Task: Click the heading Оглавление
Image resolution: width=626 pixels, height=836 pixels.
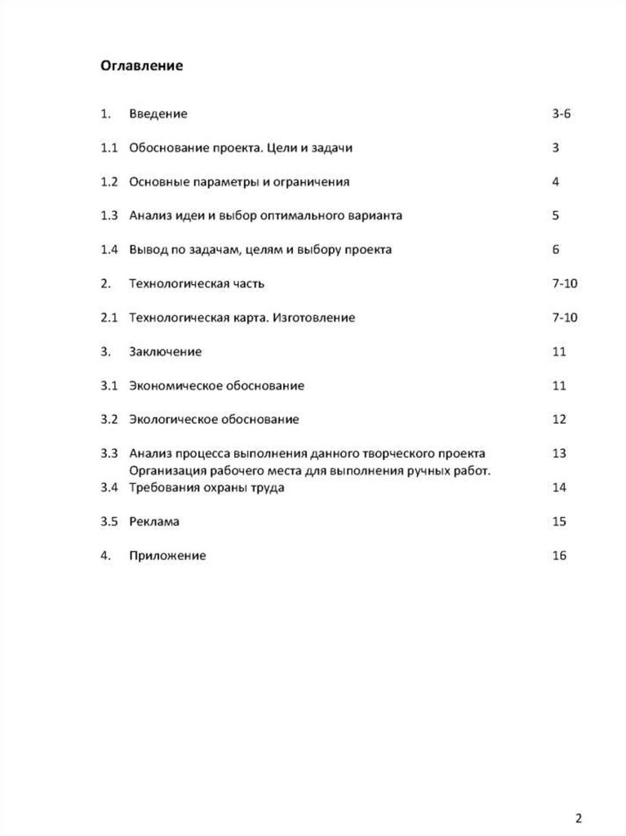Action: (x=141, y=65)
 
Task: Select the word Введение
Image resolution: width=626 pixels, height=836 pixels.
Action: (x=158, y=113)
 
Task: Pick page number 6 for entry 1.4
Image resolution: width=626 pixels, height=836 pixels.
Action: (x=556, y=250)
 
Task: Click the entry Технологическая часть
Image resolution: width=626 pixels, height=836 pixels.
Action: (x=196, y=283)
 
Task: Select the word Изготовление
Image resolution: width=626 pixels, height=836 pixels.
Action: (x=315, y=318)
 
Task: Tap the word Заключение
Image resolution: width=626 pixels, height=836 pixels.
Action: (x=165, y=352)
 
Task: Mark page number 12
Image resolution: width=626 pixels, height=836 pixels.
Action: (x=559, y=420)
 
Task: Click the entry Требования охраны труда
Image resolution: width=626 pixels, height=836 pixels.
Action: (x=206, y=488)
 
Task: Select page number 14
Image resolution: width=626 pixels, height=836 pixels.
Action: (x=559, y=488)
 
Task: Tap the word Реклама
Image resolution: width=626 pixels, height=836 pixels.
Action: (x=153, y=521)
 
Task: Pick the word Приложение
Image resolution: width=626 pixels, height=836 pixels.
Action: (x=167, y=556)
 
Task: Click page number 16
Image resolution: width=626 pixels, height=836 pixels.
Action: (x=559, y=556)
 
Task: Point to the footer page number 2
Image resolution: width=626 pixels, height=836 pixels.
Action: (x=579, y=795)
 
